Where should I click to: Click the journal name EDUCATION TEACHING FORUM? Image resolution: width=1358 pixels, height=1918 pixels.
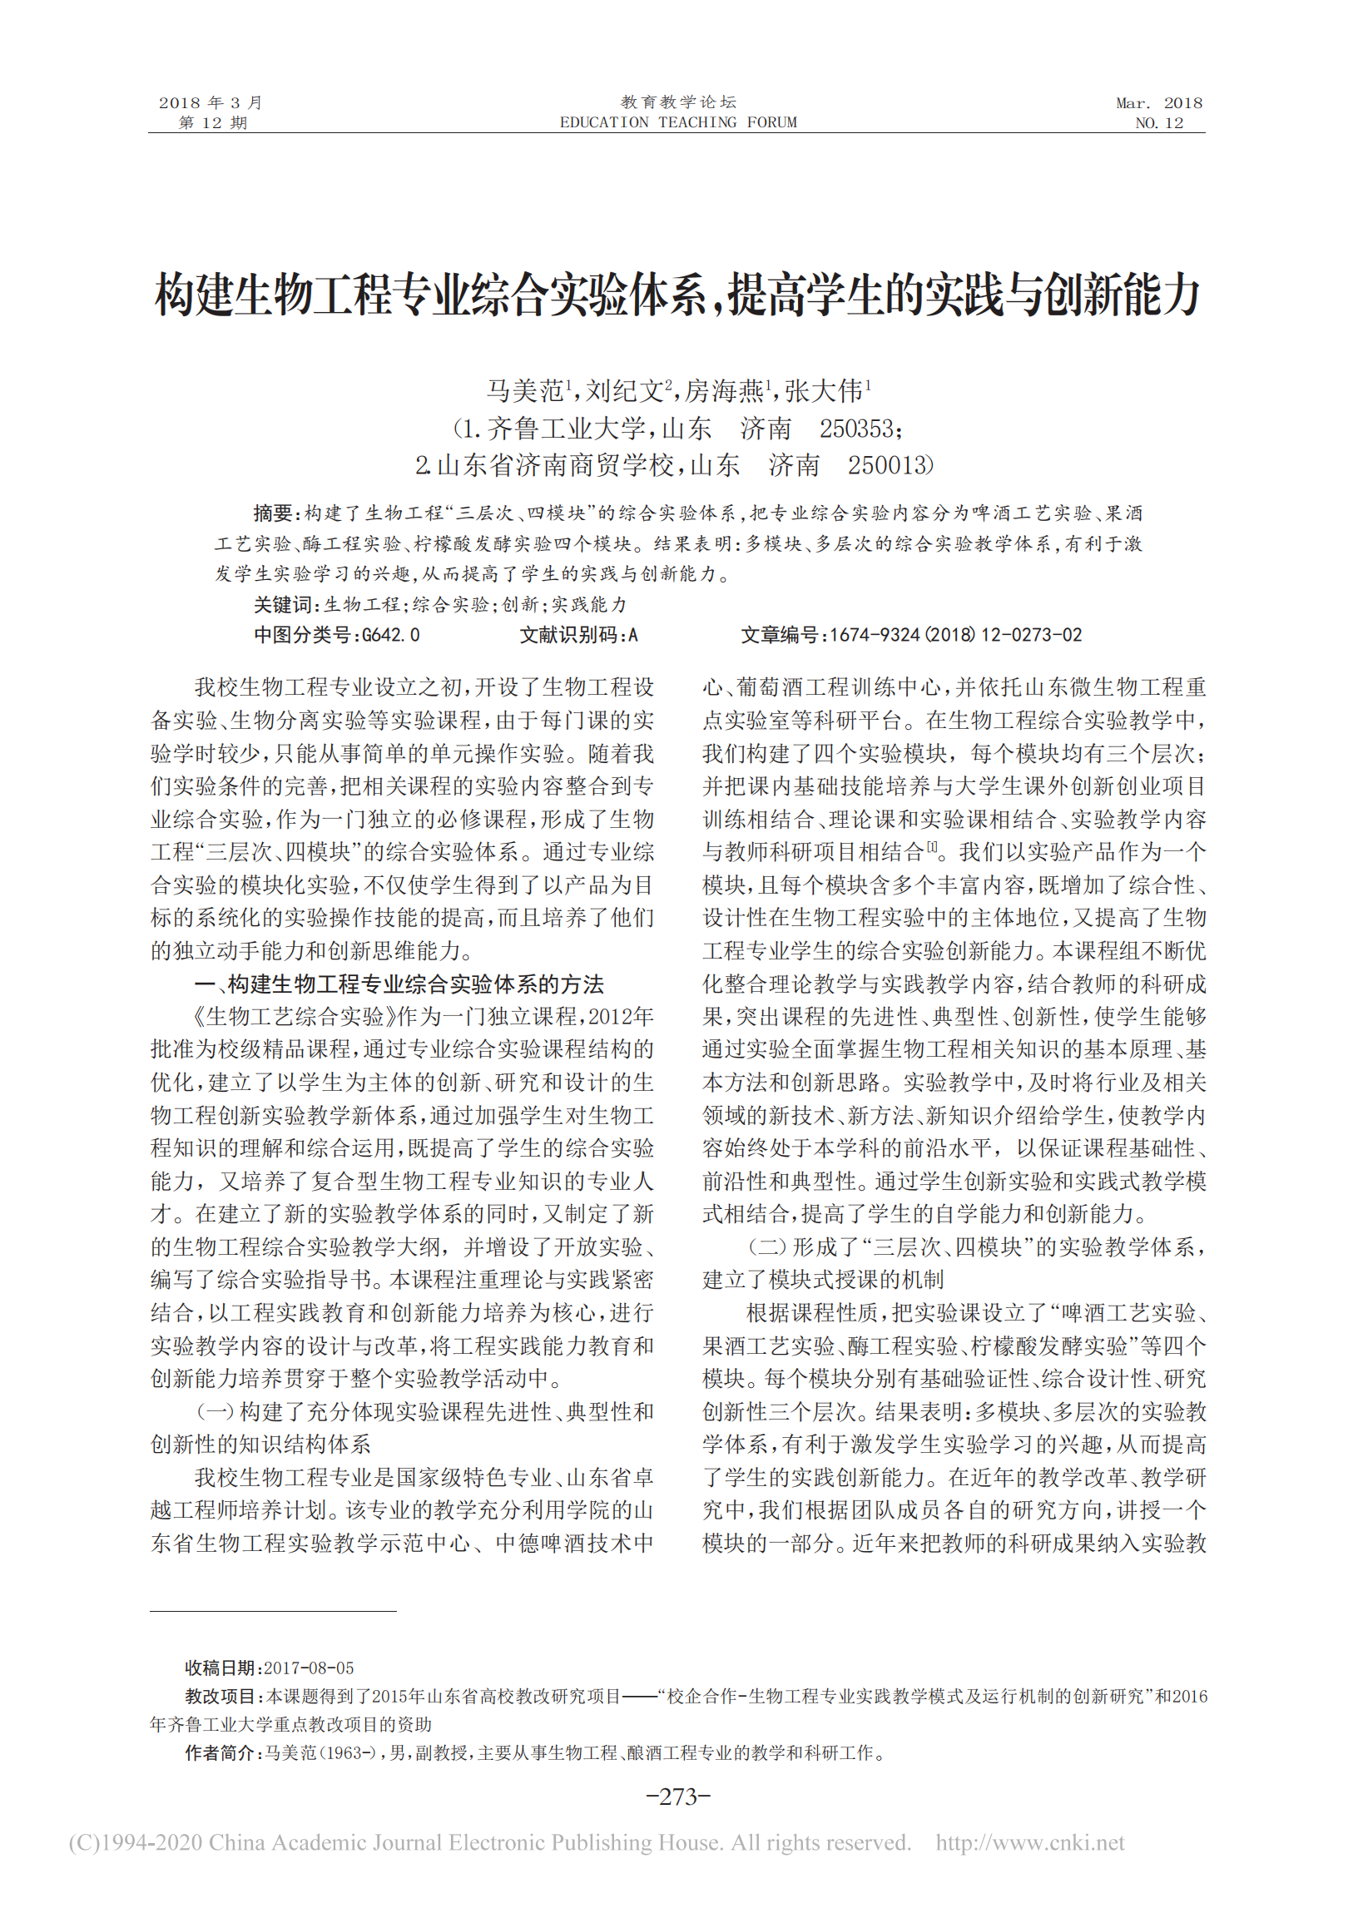coord(678,123)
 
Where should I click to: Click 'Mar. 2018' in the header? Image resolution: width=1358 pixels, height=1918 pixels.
coord(1158,103)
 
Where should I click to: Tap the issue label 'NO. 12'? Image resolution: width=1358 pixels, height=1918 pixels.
coord(1158,123)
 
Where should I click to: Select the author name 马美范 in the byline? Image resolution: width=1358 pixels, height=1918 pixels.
coord(525,390)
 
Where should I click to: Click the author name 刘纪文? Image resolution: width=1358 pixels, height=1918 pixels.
coord(624,390)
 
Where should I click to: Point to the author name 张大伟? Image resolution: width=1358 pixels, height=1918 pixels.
coord(823,390)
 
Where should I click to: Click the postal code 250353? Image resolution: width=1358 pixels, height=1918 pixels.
coord(856,429)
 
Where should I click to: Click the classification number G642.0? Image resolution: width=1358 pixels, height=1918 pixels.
coord(390,636)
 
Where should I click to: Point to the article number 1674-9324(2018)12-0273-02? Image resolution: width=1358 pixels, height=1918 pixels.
coord(955,636)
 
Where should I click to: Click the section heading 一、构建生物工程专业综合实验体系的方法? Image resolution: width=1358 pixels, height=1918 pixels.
coord(399,984)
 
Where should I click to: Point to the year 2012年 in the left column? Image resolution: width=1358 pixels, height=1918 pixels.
coord(621,1017)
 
